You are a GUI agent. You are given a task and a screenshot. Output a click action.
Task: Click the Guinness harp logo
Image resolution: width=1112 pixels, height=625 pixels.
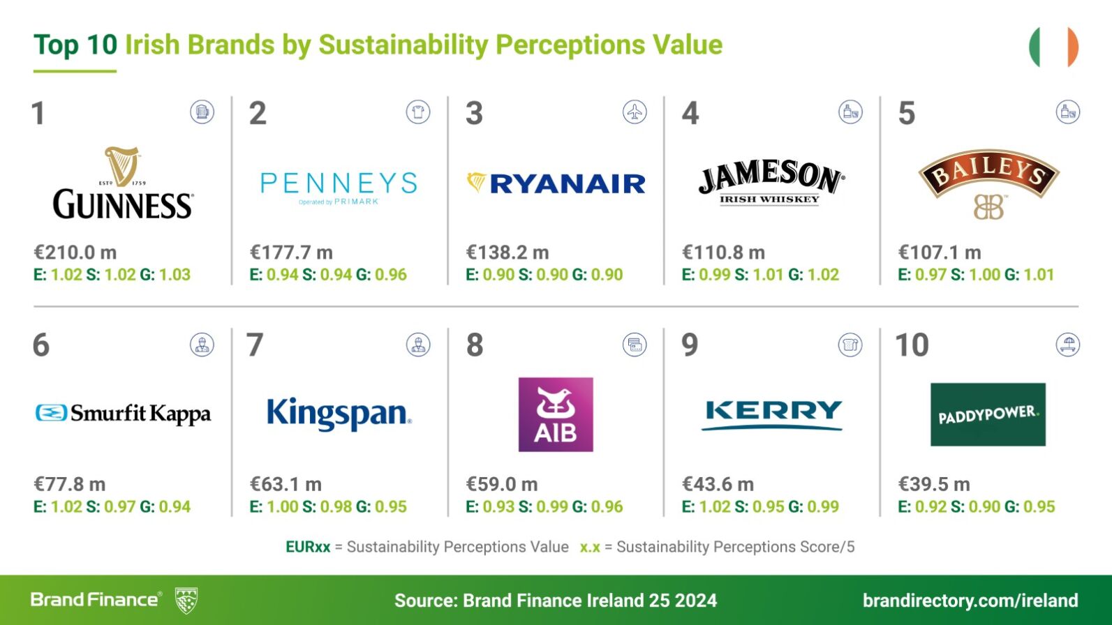tap(123, 183)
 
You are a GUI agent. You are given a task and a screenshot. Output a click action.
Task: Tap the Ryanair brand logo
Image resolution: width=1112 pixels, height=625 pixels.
tap(556, 183)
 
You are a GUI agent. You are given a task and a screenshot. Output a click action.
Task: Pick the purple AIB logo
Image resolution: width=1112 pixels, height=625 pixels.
tap(556, 414)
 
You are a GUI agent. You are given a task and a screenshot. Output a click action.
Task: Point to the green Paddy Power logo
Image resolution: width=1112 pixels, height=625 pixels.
tap(988, 414)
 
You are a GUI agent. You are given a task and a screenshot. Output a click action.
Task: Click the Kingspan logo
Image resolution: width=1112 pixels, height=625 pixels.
tap(339, 414)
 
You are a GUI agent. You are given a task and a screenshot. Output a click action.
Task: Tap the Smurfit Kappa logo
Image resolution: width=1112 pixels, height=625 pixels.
tap(123, 414)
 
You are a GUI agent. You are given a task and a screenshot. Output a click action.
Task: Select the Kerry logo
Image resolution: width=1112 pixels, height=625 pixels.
tap(772, 414)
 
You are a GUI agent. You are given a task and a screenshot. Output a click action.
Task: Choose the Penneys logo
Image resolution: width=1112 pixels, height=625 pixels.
tap(339, 187)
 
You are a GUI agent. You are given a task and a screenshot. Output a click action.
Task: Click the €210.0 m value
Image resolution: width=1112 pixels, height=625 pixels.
tap(75, 253)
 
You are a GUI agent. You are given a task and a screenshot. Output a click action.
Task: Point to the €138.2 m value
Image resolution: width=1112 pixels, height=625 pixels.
tap(507, 253)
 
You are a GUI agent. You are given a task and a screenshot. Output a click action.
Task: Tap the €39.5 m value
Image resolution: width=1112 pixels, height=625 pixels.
tap(934, 484)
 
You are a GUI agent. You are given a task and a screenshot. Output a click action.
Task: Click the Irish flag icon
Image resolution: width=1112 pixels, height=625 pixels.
tap(1053, 47)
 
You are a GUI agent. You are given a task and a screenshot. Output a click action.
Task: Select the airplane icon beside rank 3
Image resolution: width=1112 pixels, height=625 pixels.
tap(635, 112)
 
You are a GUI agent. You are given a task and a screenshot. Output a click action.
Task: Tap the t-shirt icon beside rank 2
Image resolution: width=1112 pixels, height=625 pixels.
tap(418, 112)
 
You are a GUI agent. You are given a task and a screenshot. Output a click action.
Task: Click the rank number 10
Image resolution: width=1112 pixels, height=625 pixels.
tap(912, 345)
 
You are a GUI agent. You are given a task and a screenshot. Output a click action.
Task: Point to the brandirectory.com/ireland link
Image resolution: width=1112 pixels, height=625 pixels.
tap(970, 601)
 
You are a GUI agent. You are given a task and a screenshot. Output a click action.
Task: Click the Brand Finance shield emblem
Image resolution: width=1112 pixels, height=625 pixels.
tap(186, 600)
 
